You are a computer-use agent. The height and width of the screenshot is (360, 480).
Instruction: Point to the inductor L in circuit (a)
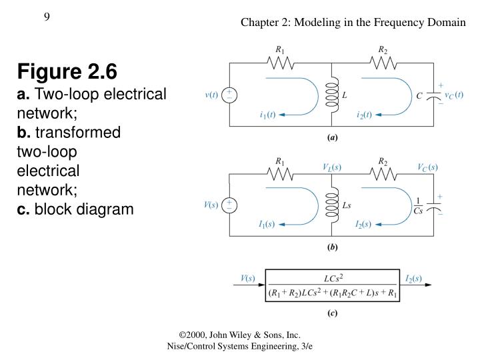(x=331, y=95)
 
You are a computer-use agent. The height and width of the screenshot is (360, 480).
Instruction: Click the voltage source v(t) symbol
(x=230, y=95)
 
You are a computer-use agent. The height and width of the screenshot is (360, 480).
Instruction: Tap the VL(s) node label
(x=331, y=167)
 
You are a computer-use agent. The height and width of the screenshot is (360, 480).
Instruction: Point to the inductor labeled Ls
(x=331, y=205)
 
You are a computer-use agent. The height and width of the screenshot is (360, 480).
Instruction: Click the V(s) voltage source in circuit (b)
(x=230, y=205)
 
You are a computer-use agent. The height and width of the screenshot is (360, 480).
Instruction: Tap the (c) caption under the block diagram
(x=331, y=314)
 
